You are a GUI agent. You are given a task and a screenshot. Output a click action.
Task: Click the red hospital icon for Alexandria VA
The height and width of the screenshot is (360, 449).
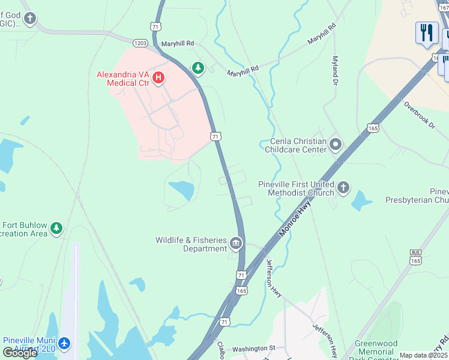coord(158,78)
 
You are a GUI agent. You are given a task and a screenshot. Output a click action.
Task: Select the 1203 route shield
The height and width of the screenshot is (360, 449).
coord(140,43)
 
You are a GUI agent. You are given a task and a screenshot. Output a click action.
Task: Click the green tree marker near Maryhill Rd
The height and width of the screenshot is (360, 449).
coord(197,68)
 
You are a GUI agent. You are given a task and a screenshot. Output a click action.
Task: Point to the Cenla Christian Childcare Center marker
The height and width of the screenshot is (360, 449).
coord(336,145)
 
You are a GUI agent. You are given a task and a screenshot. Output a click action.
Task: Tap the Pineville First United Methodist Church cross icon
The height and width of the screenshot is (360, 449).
coord(343,188)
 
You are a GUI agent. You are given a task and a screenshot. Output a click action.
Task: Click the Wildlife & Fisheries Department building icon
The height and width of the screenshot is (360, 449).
coord(235,244)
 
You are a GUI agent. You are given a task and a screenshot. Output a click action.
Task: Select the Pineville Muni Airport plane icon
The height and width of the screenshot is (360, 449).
coord(64,344)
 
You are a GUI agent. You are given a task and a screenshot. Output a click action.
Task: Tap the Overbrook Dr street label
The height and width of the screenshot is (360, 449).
coord(419,113)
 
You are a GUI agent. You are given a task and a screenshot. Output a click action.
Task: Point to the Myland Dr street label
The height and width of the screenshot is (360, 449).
coord(335,71)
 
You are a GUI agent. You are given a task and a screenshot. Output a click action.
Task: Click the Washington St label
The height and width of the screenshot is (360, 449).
coord(253,348)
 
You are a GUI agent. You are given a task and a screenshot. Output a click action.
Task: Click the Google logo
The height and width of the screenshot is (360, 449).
coord(20,352)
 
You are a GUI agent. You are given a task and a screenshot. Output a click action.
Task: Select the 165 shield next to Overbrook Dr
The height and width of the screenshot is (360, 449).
coord(373,128)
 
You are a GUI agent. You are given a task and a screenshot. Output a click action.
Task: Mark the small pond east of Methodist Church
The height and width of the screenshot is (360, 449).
coord(361,201)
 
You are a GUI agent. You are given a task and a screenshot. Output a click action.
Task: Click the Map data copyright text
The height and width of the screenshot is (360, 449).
coord(424,355)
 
